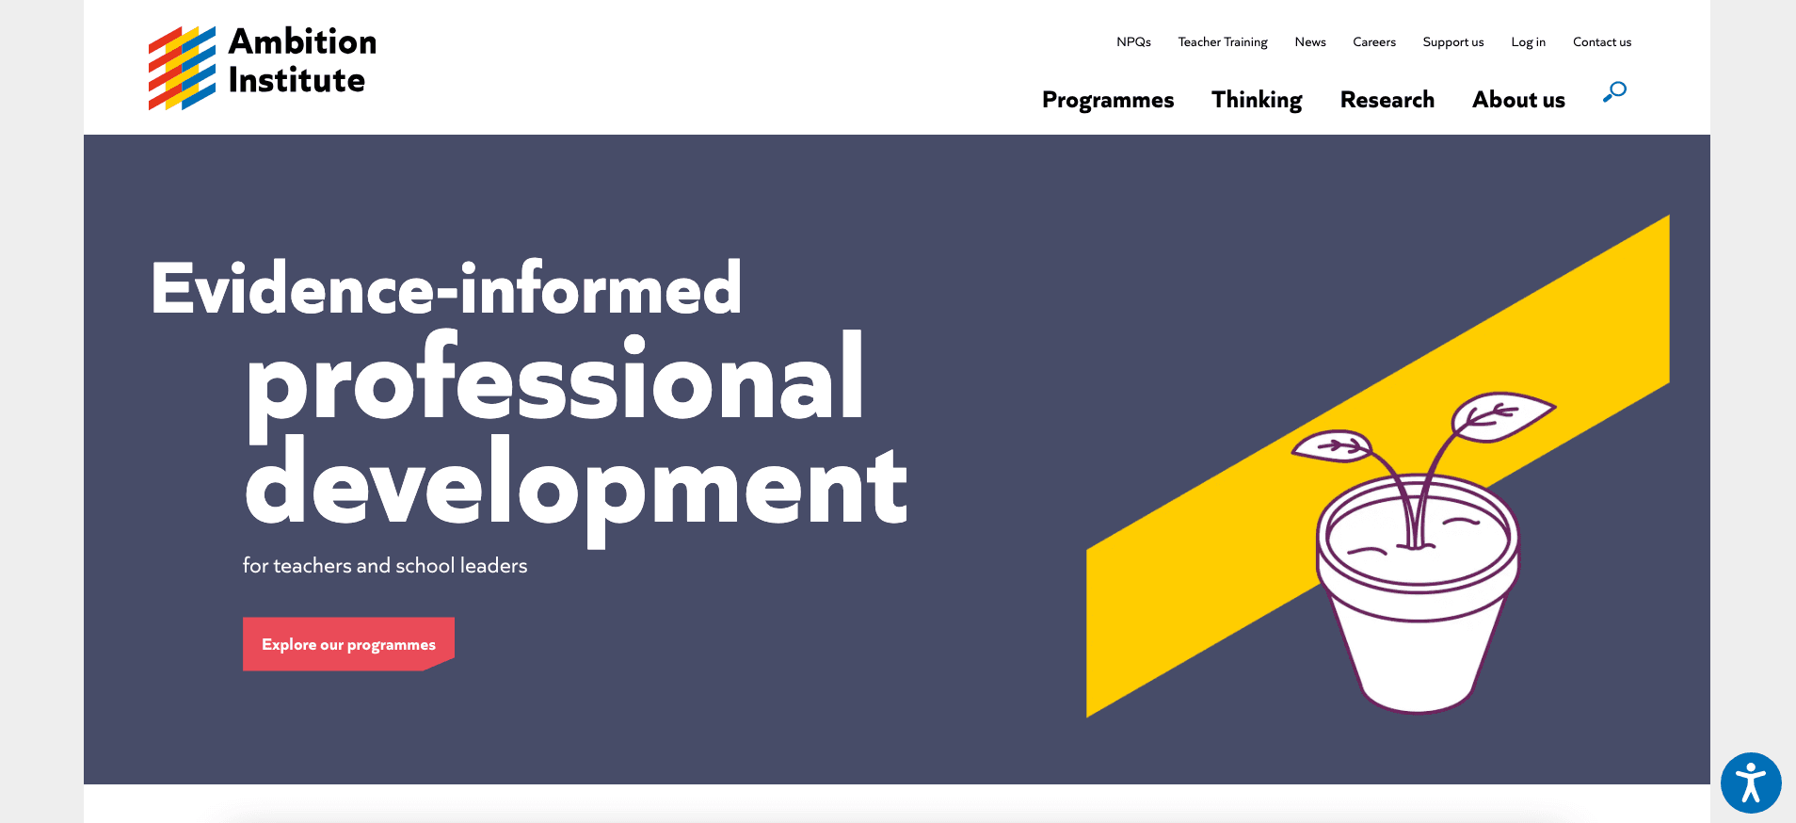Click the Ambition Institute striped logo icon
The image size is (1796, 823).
pyautogui.click(x=182, y=68)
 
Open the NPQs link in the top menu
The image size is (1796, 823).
pyautogui.click(x=1133, y=42)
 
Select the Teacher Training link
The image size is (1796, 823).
pyautogui.click(x=1223, y=42)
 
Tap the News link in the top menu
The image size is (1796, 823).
pyautogui.click(x=1309, y=42)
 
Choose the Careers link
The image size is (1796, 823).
pyautogui.click(x=1374, y=42)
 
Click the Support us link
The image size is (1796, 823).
pyautogui.click(x=1453, y=42)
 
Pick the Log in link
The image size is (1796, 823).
pyautogui.click(x=1528, y=42)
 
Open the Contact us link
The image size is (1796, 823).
pyautogui.click(x=1602, y=42)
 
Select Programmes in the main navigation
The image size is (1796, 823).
pyautogui.click(x=1108, y=100)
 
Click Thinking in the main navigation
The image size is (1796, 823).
pyautogui.click(x=1257, y=100)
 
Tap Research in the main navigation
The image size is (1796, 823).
pyautogui.click(x=1387, y=100)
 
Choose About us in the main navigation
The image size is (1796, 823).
pyautogui.click(x=1518, y=100)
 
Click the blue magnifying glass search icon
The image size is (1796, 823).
pyautogui.click(x=1615, y=91)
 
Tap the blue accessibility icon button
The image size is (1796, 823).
pyautogui.click(x=1751, y=783)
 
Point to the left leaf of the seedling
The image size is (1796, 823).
pyautogui.click(x=1332, y=446)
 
